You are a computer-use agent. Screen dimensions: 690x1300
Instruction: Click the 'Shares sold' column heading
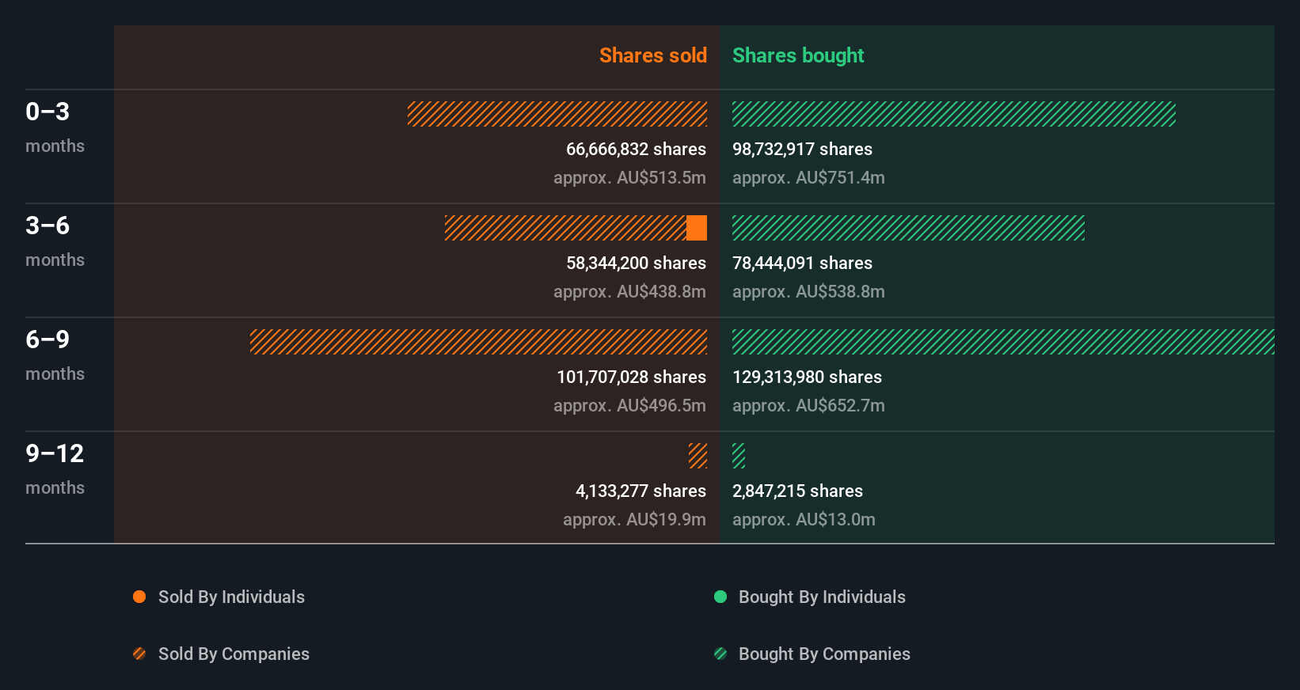(x=652, y=55)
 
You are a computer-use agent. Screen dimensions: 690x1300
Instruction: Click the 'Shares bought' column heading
(x=797, y=55)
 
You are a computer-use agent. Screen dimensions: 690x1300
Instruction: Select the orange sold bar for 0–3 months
(x=557, y=114)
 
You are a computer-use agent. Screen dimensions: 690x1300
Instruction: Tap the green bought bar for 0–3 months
(x=953, y=114)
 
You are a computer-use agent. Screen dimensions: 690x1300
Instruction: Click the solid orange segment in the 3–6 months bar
(x=697, y=228)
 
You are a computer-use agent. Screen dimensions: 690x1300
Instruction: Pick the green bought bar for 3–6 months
(x=908, y=228)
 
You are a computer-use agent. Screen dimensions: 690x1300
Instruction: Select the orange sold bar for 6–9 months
(x=478, y=342)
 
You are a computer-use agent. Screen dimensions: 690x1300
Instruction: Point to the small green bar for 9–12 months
(x=739, y=456)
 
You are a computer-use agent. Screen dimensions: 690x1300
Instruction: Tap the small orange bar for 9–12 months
(x=698, y=456)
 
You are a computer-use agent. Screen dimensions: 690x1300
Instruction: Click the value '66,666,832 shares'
(x=636, y=150)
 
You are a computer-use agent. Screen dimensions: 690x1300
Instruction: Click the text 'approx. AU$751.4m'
(x=808, y=178)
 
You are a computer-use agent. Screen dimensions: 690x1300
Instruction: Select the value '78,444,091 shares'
(x=802, y=263)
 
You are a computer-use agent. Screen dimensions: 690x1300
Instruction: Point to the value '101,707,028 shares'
(x=631, y=377)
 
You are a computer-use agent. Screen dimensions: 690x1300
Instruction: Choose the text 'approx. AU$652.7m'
(x=808, y=406)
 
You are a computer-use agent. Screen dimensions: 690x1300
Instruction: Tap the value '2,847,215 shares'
(x=797, y=491)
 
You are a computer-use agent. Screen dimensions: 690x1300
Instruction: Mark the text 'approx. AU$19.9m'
(x=634, y=520)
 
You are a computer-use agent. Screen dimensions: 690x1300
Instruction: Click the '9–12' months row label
(x=55, y=453)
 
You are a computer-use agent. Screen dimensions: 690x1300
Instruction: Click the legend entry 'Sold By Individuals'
(x=230, y=597)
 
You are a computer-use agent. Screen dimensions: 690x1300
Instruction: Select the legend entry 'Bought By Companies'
(x=823, y=654)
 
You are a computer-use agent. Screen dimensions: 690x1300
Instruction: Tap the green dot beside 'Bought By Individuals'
(x=720, y=597)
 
